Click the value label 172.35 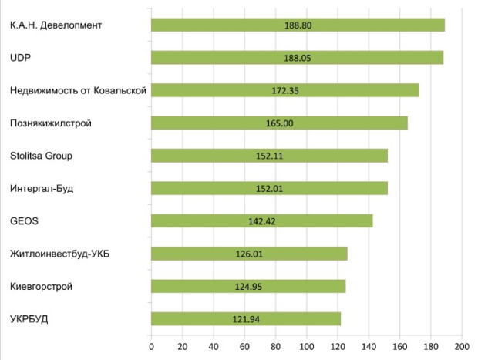pyautogui.click(x=285, y=90)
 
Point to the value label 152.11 pyautogui.click(x=269, y=156)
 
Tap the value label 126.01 pyautogui.click(x=249, y=254)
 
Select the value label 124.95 pyautogui.click(x=248, y=287)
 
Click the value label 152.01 pyautogui.click(x=269, y=188)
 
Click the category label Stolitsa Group pyautogui.click(x=41, y=156)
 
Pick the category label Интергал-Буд pyautogui.click(x=42, y=188)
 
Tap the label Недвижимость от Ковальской pyautogui.click(x=78, y=90)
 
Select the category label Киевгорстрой pyautogui.click(x=41, y=287)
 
